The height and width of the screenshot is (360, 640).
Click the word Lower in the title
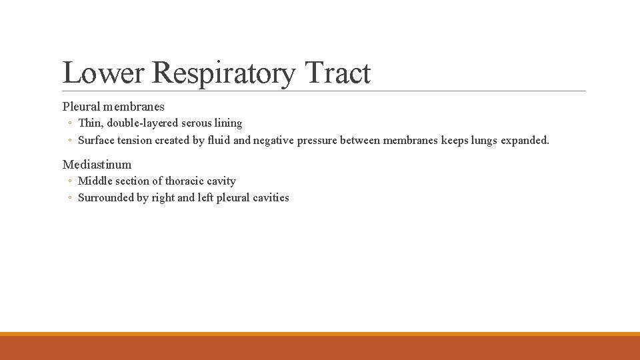click(x=103, y=73)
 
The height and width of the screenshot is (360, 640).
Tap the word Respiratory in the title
click(x=223, y=73)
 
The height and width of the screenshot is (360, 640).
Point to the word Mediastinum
click(x=97, y=164)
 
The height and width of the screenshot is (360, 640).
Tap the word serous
click(x=196, y=123)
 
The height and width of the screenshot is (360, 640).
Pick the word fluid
click(x=217, y=140)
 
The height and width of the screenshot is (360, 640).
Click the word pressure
click(x=319, y=140)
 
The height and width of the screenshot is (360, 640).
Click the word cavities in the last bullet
click(x=270, y=197)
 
